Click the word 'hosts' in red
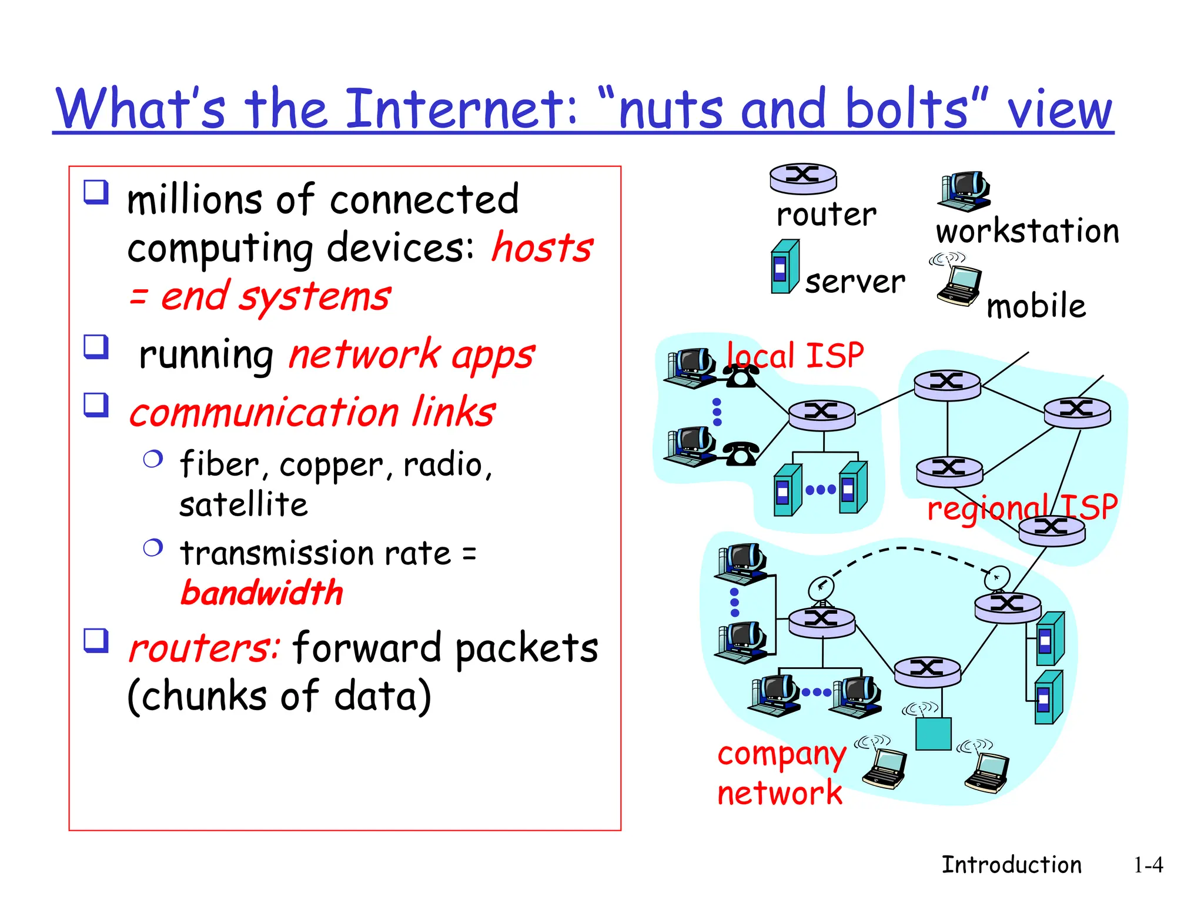click(542, 248)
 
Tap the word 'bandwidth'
click(262, 592)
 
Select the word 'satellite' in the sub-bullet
click(243, 505)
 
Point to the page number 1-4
click(1148, 865)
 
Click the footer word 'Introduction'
click(1011, 865)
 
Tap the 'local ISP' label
click(795, 355)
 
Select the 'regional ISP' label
click(1022, 507)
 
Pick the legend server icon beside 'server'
click(785, 267)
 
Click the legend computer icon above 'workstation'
click(964, 192)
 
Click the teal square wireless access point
click(934, 734)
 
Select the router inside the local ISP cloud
click(821, 414)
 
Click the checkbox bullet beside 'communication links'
click(96, 405)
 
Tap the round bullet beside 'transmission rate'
click(153, 548)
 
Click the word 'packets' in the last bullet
click(526, 648)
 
